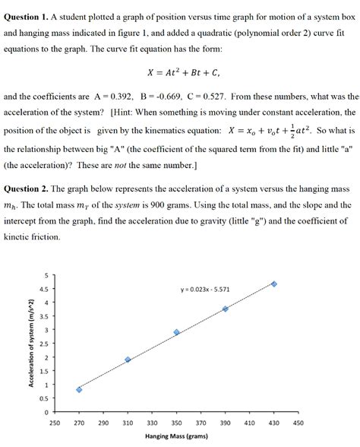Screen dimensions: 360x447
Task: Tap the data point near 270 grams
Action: click(x=79, y=389)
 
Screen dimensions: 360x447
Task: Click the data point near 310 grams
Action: click(x=128, y=360)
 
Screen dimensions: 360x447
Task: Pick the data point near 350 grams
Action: click(x=176, y=332)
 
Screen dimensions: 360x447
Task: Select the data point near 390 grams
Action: click(x=225, y=309)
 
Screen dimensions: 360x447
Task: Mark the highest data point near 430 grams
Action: click(x=273, y=284)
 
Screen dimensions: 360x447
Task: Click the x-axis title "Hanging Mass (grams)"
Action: click(x=177, y=437)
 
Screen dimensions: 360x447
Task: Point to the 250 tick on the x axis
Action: click(x=55, y=422)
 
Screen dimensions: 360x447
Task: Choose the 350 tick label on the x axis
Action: click(x=176, y=422)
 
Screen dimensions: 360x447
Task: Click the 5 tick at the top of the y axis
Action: click(x=45, y=275)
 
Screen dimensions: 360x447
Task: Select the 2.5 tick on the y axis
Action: click(x=43, y=344)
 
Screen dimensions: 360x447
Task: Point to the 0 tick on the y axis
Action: click(x=45, y=412)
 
